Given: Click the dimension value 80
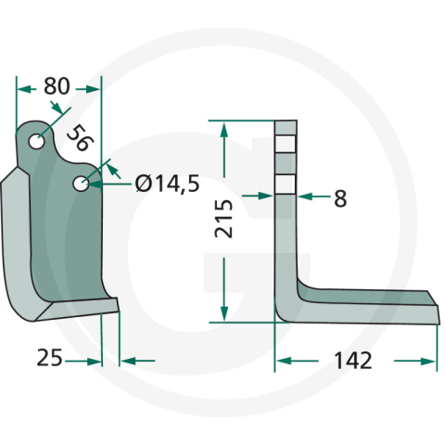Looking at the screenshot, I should pos(57,86).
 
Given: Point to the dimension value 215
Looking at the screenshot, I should pos(224,221).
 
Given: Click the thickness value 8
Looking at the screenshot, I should pos(339,197).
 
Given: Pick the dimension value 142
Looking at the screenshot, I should pos(353,360).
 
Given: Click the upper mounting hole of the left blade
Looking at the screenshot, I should pos(37,142).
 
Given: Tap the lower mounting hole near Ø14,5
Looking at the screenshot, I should pos(83,184).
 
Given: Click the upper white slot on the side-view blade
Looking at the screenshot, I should pos(286,145).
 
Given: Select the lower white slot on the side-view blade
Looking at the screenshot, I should pos(286,183).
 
